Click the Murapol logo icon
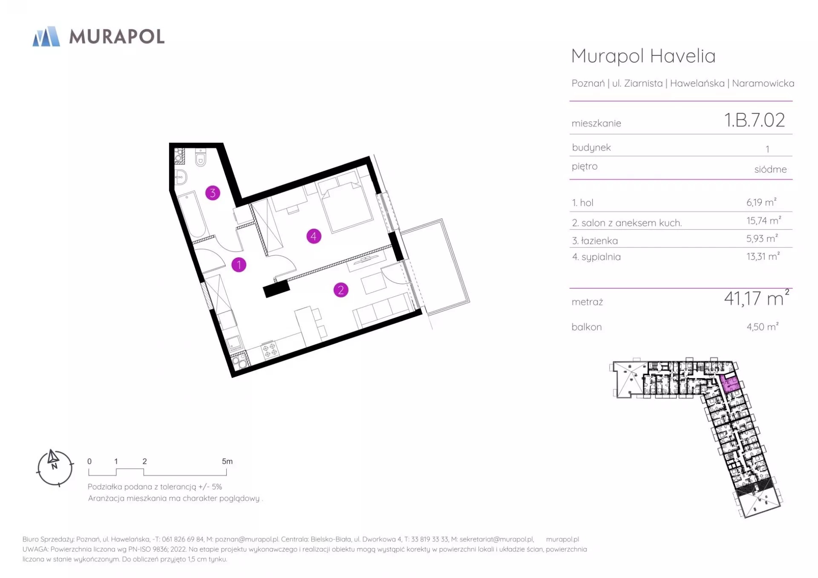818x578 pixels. [x=46, y=36]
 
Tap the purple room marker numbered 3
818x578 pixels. [x=213, y=193]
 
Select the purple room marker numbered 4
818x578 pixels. [x=314, y=236]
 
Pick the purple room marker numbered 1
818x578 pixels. [x=239, y=265]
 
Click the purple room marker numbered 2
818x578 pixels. [x=340, y=290]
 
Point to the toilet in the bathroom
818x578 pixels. [x=201, y=158]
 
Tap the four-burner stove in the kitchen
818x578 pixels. [x=270, y=351]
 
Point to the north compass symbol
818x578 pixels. [x=55, y=468]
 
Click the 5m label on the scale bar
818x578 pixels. [x=227, y=461]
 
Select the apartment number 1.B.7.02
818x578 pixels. [x=755, y=120]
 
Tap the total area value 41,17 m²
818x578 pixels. [x=757, y=298]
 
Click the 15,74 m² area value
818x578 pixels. [x=763, y=220]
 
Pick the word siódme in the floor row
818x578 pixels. [x=770, y=169]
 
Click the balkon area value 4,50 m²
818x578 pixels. [x=762, y=326]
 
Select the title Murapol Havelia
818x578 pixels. [x=643, y=56]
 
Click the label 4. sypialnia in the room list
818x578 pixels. [x=596, y=257]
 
